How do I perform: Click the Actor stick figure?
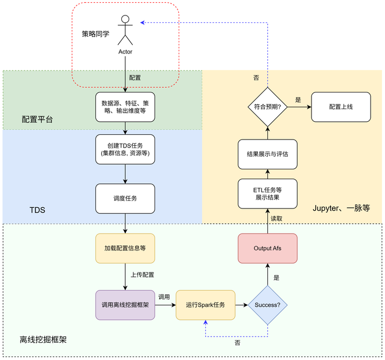coord(125,30)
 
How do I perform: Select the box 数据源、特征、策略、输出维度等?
coord(125,107)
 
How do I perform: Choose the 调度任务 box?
coord(125,198)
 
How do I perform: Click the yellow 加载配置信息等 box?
coord(125,248)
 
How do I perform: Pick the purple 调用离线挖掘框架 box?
coord(125,304)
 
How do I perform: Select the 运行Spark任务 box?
coord(205,304)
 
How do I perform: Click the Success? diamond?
coord(267,304)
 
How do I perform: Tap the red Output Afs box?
coord(267,248)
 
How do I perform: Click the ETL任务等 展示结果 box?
coord(267,193)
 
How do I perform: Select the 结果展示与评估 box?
coord(267,154)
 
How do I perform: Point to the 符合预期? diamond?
coord(267,107)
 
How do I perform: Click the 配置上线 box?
coord(341,107)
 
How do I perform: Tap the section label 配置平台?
coord(38,119)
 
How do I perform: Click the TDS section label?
coord(37,211)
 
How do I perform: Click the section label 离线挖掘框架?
coord(43,339)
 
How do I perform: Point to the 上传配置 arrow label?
coord(142,274)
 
